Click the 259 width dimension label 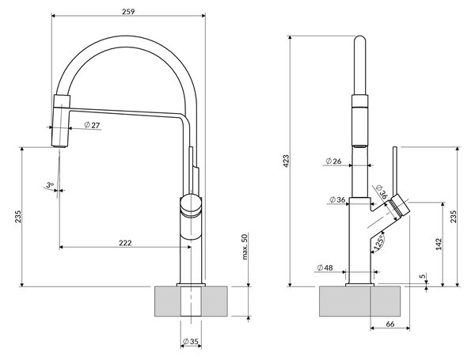coord(128,12)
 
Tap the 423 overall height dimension coord(286,161)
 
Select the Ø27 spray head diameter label coord(92,125)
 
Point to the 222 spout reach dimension coord(125,243)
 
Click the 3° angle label coord(50,184)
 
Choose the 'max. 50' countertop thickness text coord(245,246)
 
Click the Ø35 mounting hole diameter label coord(190,342)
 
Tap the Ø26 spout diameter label coord(333,161)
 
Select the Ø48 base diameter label coord(325,267)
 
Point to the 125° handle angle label coord(378,241)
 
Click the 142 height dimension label coord(439,244)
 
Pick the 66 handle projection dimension coord(390,324)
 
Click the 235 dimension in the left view coord(18,217)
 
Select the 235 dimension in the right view coord(453,217)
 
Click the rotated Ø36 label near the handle coord(382,191)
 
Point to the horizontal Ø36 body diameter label coord(337,199)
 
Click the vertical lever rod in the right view coord(395,171)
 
